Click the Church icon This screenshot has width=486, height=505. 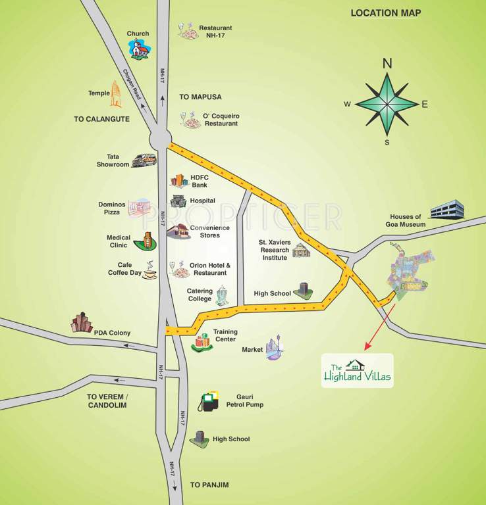click(138, 49)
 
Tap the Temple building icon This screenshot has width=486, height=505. click(116, 94)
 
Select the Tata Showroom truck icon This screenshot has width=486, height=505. click(144, 160)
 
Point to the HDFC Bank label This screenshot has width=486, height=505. click(199, 181)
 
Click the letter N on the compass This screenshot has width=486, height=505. click(387, 64)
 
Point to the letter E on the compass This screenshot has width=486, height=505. click(425, 104)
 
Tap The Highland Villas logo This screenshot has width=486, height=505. click(357, 371)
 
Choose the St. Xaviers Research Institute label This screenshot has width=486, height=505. click(274, 250)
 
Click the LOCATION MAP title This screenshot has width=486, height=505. click(385, 12)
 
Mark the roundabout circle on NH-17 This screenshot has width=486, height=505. click(159, 139)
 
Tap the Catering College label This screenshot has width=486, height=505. click(200, 295)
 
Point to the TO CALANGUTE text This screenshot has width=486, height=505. click(101, 119)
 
